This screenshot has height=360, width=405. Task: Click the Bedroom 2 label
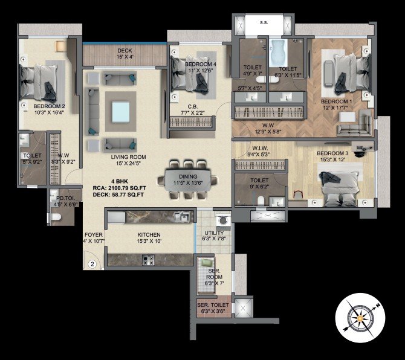(x=49, y=107)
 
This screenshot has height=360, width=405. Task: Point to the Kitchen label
(x=149, y=234)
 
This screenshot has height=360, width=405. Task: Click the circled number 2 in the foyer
(x=92, y=264)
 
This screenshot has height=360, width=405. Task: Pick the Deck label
(x=125, y=51)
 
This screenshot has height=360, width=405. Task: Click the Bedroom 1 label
(x=336, y=101)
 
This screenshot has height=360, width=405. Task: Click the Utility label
(x=214, y=233)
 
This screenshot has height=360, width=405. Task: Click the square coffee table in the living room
(x=119, y=112)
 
